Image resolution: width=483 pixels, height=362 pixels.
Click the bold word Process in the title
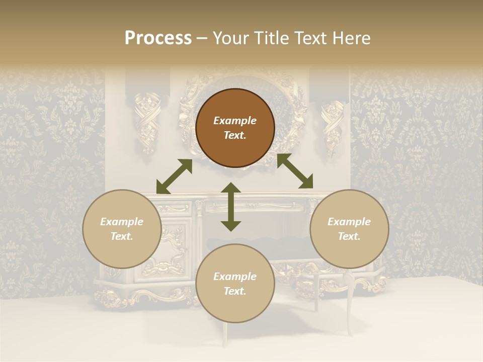(x=158, y=38)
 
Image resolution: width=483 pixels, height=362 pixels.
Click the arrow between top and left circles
(x=174, y=176)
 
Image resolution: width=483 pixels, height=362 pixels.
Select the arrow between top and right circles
(x=295, y=171)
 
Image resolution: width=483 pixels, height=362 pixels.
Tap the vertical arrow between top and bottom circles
(x=231, y=207)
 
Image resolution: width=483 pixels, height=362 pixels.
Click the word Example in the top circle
(x=235, y=121)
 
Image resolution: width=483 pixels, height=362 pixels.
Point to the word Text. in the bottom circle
(x=235, y=291)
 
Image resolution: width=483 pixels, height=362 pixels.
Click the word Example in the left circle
(x=122, y=222)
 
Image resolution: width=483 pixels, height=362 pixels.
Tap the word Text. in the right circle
(x=349, y=236)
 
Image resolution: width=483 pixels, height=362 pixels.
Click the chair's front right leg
(x=349, y=312)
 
